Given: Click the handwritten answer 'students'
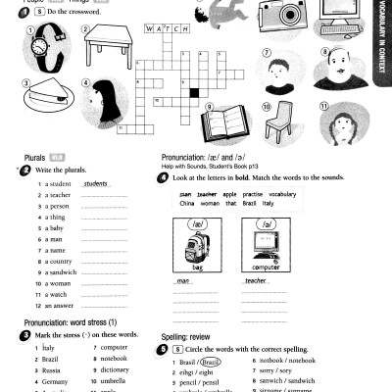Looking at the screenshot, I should (96, 183).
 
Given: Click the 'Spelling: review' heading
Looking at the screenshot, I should (186, 335).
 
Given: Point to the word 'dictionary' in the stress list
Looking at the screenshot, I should (115, 369).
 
